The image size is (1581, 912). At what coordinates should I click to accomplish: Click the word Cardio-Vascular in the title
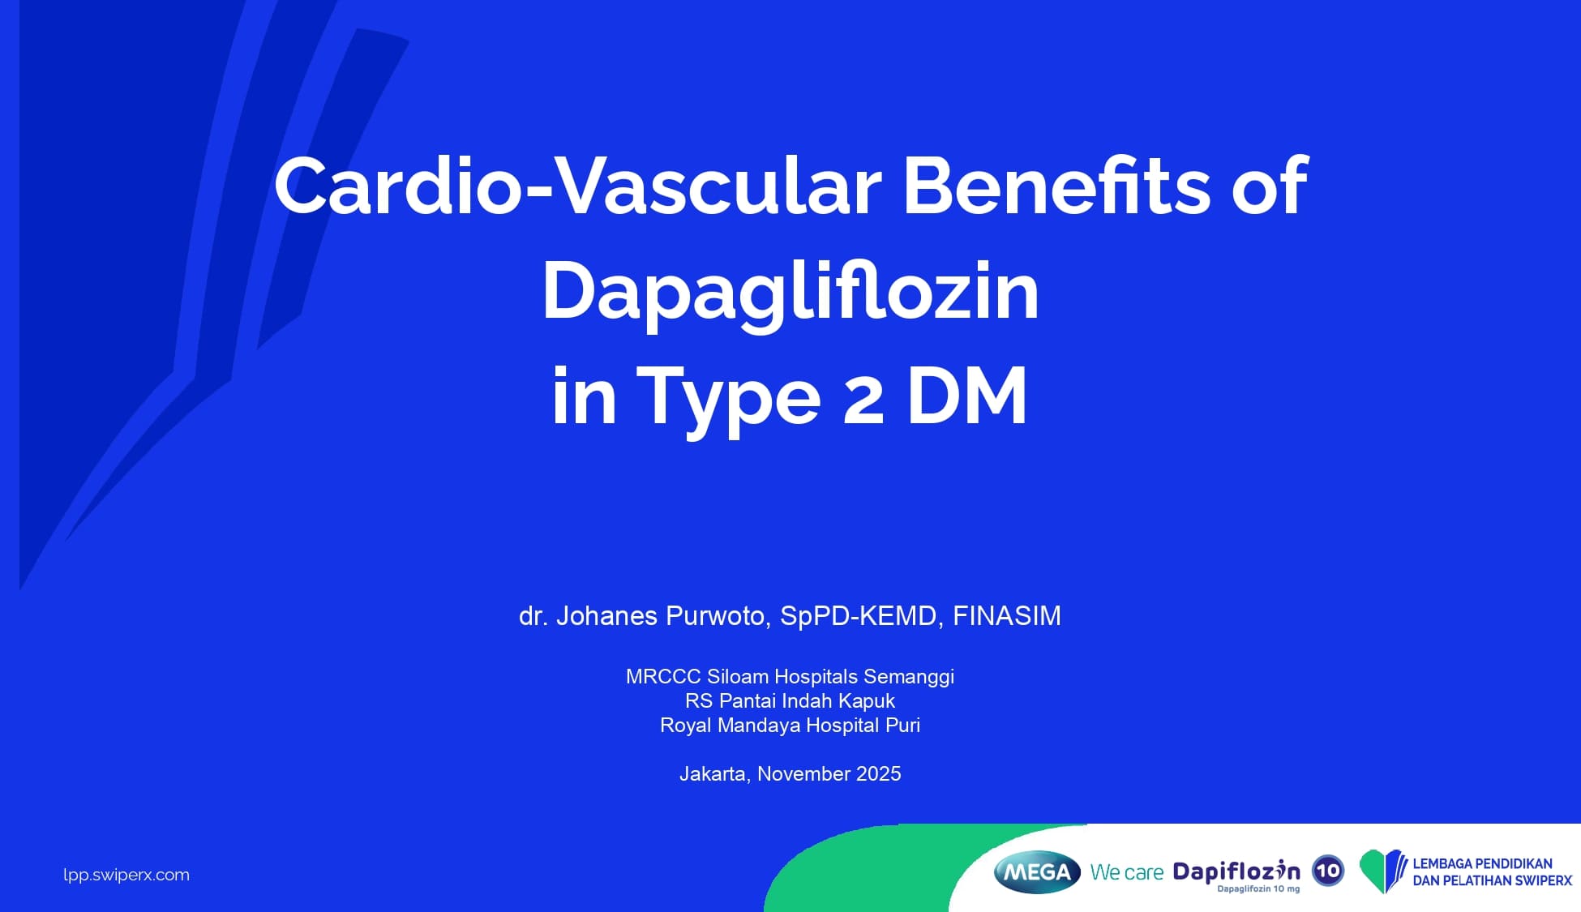click(x=578, y=186)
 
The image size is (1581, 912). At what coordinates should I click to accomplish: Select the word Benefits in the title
click(x=1056, y=186)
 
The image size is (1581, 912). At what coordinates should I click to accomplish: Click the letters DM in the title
click(x=966, y=396)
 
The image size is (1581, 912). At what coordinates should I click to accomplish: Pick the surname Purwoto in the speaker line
click(x=715, y=616)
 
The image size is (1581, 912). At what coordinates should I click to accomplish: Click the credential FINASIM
click(x=1006, y=616)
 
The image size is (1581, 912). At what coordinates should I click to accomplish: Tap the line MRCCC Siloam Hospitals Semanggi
click(x=790, y=677)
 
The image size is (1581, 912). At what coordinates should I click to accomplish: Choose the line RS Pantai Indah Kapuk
click(x=790, y=701)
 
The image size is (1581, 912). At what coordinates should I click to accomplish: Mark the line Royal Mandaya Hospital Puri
click(x=790, y=726)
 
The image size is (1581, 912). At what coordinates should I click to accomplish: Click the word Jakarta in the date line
click(x=713, y=774)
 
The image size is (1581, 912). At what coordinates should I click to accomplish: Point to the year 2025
click(x=878, y=774)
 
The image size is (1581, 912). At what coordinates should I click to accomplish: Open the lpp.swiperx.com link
click(x=126, y=875)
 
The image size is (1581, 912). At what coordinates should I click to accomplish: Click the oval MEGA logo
click(x=1037, y=871)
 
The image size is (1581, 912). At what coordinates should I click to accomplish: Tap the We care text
click(x=1127, y=872)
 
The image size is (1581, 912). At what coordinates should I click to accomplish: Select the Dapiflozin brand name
click(x=1236, y=871)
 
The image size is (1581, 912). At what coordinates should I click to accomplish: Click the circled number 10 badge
click(x=1328, y=871)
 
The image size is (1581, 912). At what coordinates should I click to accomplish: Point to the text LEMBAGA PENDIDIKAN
click(x=1482, y=864)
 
